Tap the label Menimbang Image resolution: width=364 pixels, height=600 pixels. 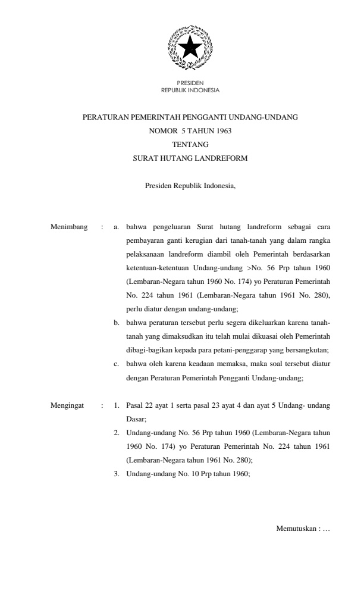click(x=68, y=227)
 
